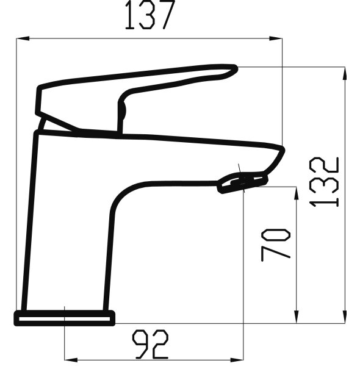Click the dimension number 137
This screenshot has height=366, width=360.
pyautogui.click(x=150, y=15)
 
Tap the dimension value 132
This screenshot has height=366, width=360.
pyautogui.click(x=324, y=182)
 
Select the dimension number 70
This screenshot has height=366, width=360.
pyautogui.click(x=275, y=245)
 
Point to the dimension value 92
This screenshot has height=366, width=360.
pyautogui.click(x=150, y=344)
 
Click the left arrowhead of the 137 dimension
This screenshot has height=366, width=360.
pyautogui.click(x=23, y=38)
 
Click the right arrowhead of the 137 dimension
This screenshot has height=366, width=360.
pyautogui.click(x=275, y=38)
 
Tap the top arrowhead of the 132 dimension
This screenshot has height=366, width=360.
pyautogui.click(x=345, y=73)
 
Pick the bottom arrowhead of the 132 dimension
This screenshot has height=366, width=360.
pyautogui.click(x=345, y=317)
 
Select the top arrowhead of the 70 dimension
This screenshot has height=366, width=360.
pyautogui.click(x=297, y=193)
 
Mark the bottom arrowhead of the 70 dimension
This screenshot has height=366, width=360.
pyautogui.click(x=297, y=317)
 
